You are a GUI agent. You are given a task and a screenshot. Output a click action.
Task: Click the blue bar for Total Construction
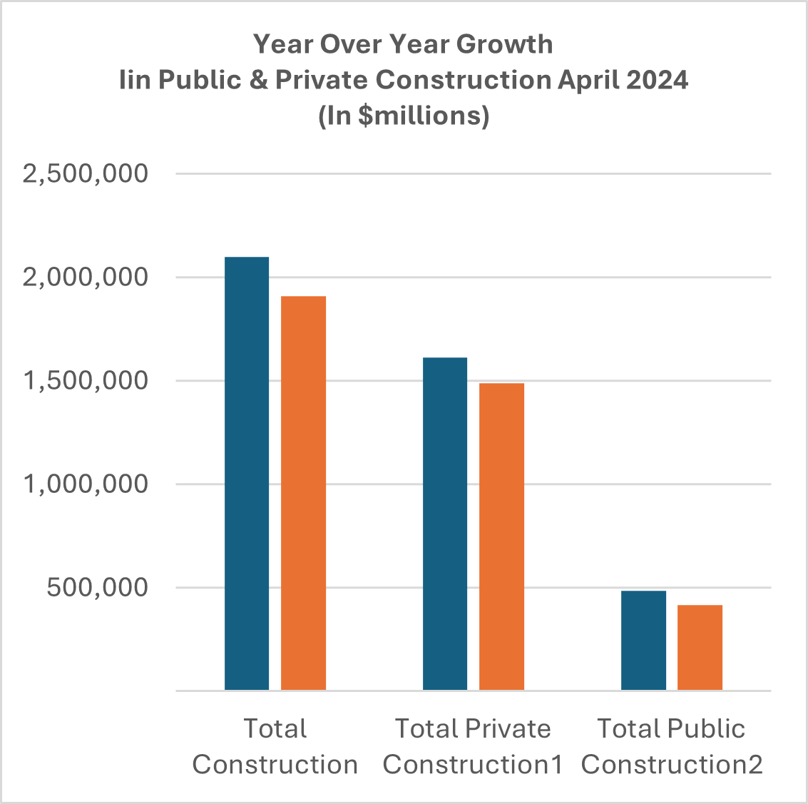(x=247, y=473)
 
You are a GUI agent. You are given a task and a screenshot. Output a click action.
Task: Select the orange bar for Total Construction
(x=303, y=493)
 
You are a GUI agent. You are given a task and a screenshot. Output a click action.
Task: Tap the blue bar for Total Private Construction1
(x=445, y=524)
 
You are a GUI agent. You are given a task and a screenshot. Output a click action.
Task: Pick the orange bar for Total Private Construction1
(x=501, y=536)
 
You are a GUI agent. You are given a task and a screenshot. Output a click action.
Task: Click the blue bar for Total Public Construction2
(x=643, y=640)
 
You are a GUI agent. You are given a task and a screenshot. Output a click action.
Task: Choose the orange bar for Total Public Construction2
(x=700, y=647)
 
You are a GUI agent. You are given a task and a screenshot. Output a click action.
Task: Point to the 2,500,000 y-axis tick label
(x=86, y=173)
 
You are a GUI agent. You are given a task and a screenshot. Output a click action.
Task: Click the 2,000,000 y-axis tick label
(x=86, y=277)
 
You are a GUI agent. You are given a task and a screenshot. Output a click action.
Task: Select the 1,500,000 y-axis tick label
(x=86, y=380)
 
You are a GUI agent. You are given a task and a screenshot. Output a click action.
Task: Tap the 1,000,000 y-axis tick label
(x=86, y=484)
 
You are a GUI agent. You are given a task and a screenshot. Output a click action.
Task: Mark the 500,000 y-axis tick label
(x=98, y=587)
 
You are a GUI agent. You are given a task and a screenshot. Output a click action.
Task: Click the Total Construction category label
(x=275, y=746)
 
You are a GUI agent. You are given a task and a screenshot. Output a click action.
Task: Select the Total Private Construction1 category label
(x=473, y=746)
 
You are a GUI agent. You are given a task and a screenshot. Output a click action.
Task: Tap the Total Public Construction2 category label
(x=671, y=746)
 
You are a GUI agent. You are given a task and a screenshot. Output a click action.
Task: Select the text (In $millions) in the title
(x=404, y=116)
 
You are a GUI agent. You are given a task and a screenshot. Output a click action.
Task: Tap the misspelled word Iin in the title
(x=135, y=80)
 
